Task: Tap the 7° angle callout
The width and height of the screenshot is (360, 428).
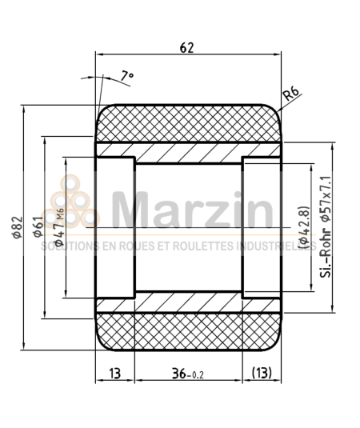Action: (126, 76)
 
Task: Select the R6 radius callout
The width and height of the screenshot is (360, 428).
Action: (292, 96)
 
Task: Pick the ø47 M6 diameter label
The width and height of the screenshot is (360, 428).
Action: (58, 223)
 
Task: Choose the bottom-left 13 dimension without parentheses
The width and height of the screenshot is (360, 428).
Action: (114, 373)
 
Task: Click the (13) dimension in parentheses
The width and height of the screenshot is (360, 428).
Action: (263, 373)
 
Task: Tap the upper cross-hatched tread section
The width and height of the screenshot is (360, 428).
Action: (189, 122)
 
